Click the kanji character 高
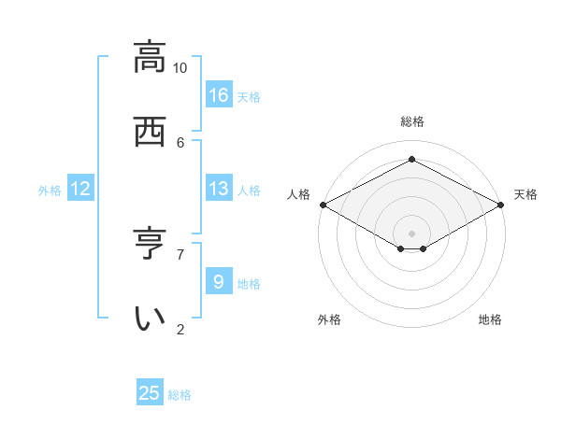click(x=150, y=58)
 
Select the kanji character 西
click(x=150, y=132)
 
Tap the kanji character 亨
click(x=150, y=245)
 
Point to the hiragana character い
click(x=150, y=319)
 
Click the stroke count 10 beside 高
click(x=180, y=68)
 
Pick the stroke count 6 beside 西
click(x=180, y=142)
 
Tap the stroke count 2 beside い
click(x=180, y=329)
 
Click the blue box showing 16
click(x=219, y=95)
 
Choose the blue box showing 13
click(x=219, y=189)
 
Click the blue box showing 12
click(x=80, y=189)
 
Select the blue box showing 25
click(x=150, y=393)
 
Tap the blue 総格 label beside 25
click(x=180, y=395)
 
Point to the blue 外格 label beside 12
click(x=50, y=191)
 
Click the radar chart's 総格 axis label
click(x=411, y=121)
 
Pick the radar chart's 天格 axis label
click(x=525, y=194)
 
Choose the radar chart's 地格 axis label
click(x=490, y=319)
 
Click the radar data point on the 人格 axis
click(x=323, y=205)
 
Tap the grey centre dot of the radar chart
click(x=411, y=232)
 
